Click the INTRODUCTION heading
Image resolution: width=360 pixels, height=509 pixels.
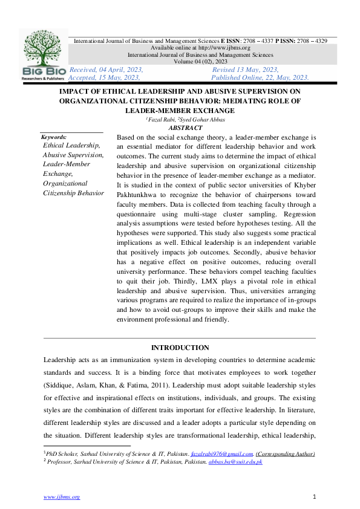click(x=180, y=348)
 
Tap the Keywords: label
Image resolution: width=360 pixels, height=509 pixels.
click(x=54, y=137)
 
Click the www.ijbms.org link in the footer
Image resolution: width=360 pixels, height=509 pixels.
click(x=61, y=497)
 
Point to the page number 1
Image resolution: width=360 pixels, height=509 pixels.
click(x=315, y=497)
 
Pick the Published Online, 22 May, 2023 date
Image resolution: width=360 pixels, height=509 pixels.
click(x=261, y=77)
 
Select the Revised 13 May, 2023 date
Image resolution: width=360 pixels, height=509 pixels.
click(x=245, y=70)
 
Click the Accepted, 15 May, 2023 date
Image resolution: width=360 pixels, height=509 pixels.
click(x=105, y=77)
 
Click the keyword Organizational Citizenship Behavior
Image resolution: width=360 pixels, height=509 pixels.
click(x=73, y=188)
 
